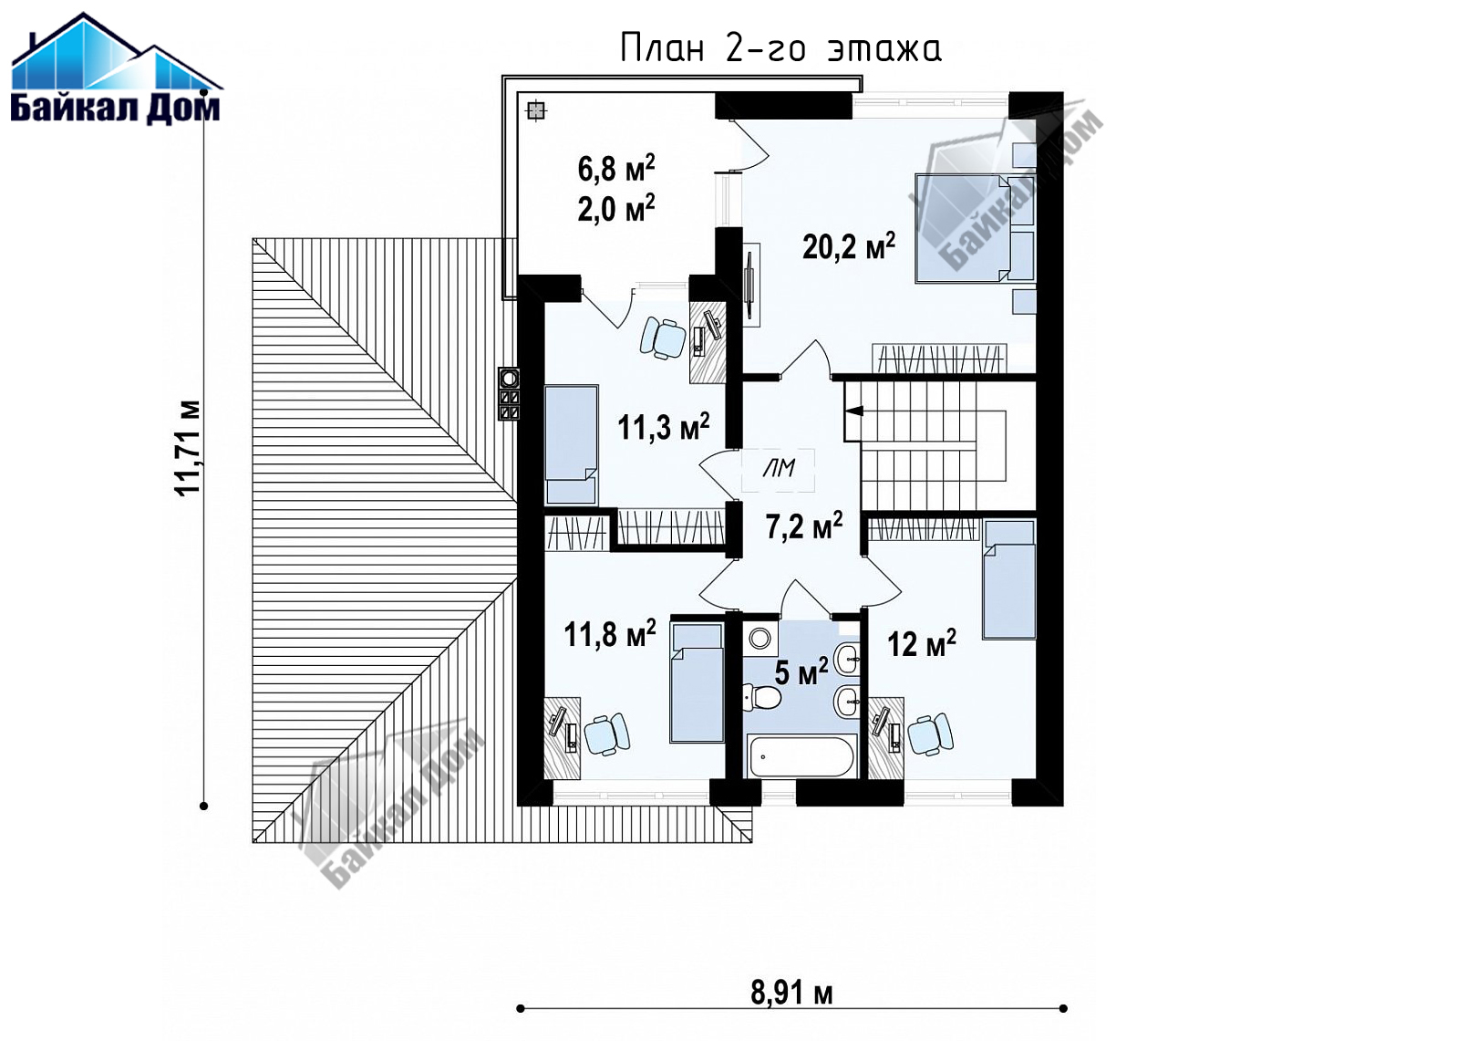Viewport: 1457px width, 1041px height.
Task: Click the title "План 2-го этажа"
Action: pos(780,49)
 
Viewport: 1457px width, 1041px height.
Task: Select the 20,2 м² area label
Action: pos(849,246)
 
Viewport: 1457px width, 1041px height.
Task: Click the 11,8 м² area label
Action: pos(609,632)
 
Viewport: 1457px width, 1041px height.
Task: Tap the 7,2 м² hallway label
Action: pos(804,526)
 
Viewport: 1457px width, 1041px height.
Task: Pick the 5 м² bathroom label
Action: pos(801,671)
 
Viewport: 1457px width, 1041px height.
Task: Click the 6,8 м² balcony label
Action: pos(616,168)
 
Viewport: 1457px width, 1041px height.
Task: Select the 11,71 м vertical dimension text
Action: pos(188,448)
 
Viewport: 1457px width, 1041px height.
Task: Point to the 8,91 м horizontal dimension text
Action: pos(791,993)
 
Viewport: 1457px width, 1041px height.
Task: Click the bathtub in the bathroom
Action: pos(800,755)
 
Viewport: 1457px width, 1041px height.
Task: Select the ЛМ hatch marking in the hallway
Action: pos(779,469)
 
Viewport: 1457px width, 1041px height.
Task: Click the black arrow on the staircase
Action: pos(854,411)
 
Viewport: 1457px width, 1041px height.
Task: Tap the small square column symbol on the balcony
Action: pos(535,111)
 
